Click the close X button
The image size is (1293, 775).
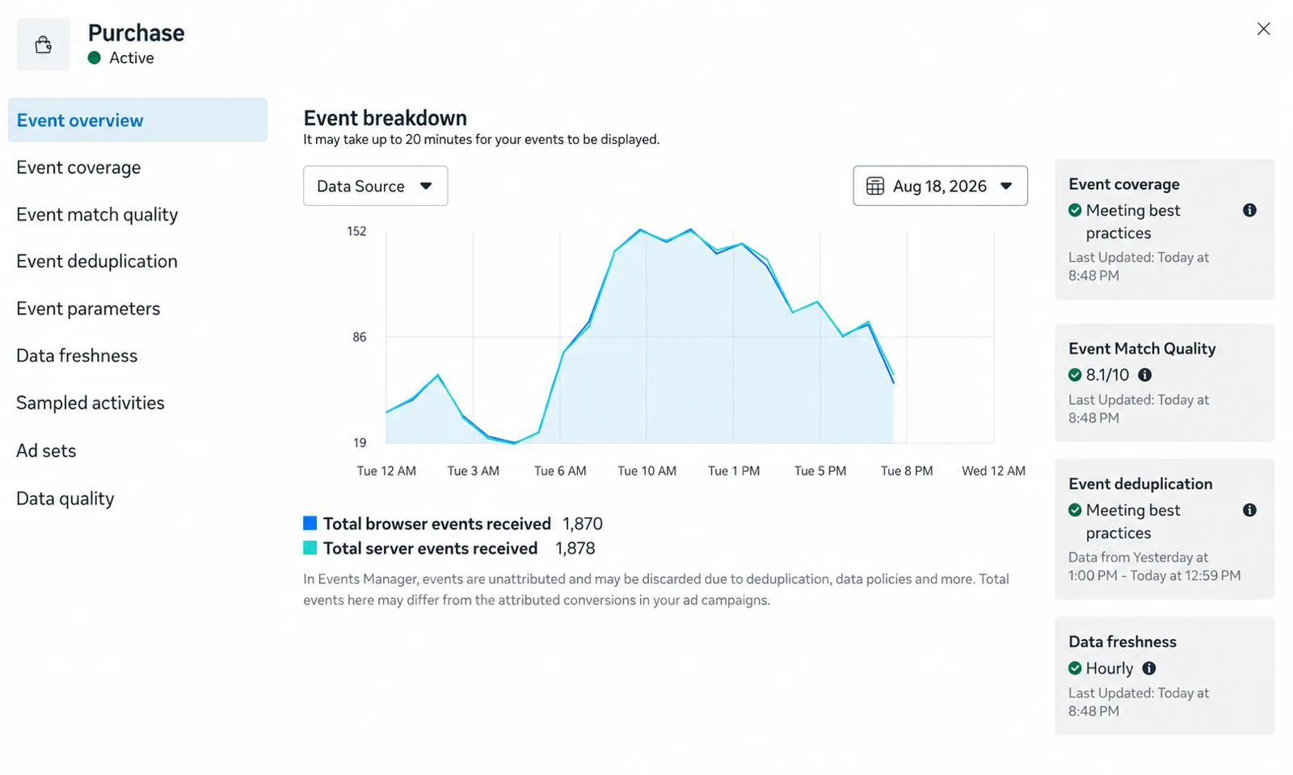click(x=1263, y=29)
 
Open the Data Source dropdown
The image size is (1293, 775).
click(x=375, y=186)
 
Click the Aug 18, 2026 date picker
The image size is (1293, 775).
click(x=940, y=186)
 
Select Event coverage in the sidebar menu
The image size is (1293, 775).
click(x=78, y=167)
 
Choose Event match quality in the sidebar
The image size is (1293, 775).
click(x=97, y=215)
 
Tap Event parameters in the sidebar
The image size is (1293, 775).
click(x=88, y=309)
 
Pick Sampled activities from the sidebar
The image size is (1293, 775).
click(x=91, y=402)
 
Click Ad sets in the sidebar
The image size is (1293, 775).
click(x=46, y=451)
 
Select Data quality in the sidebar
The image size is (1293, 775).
click(x=65, y=499)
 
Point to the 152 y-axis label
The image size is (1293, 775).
click(x=356, y=231)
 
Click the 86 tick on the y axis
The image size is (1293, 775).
click(x=359, y=337)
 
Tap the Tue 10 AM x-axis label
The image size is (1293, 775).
click(x=646, y=471)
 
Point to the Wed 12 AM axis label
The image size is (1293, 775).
click(x=993, y=471)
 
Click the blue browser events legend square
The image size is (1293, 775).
click(x=310, y=523)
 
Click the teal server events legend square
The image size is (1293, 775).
click(x=310, y=548)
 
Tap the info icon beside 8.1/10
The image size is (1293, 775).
click(x=1144, y=375)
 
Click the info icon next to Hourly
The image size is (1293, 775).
click(x=1148, y=668)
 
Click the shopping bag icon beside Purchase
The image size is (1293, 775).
click(x=44, y=44)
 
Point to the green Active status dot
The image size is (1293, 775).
click(x=94, y=57)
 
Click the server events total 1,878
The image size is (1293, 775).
click(x=575, y=548)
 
